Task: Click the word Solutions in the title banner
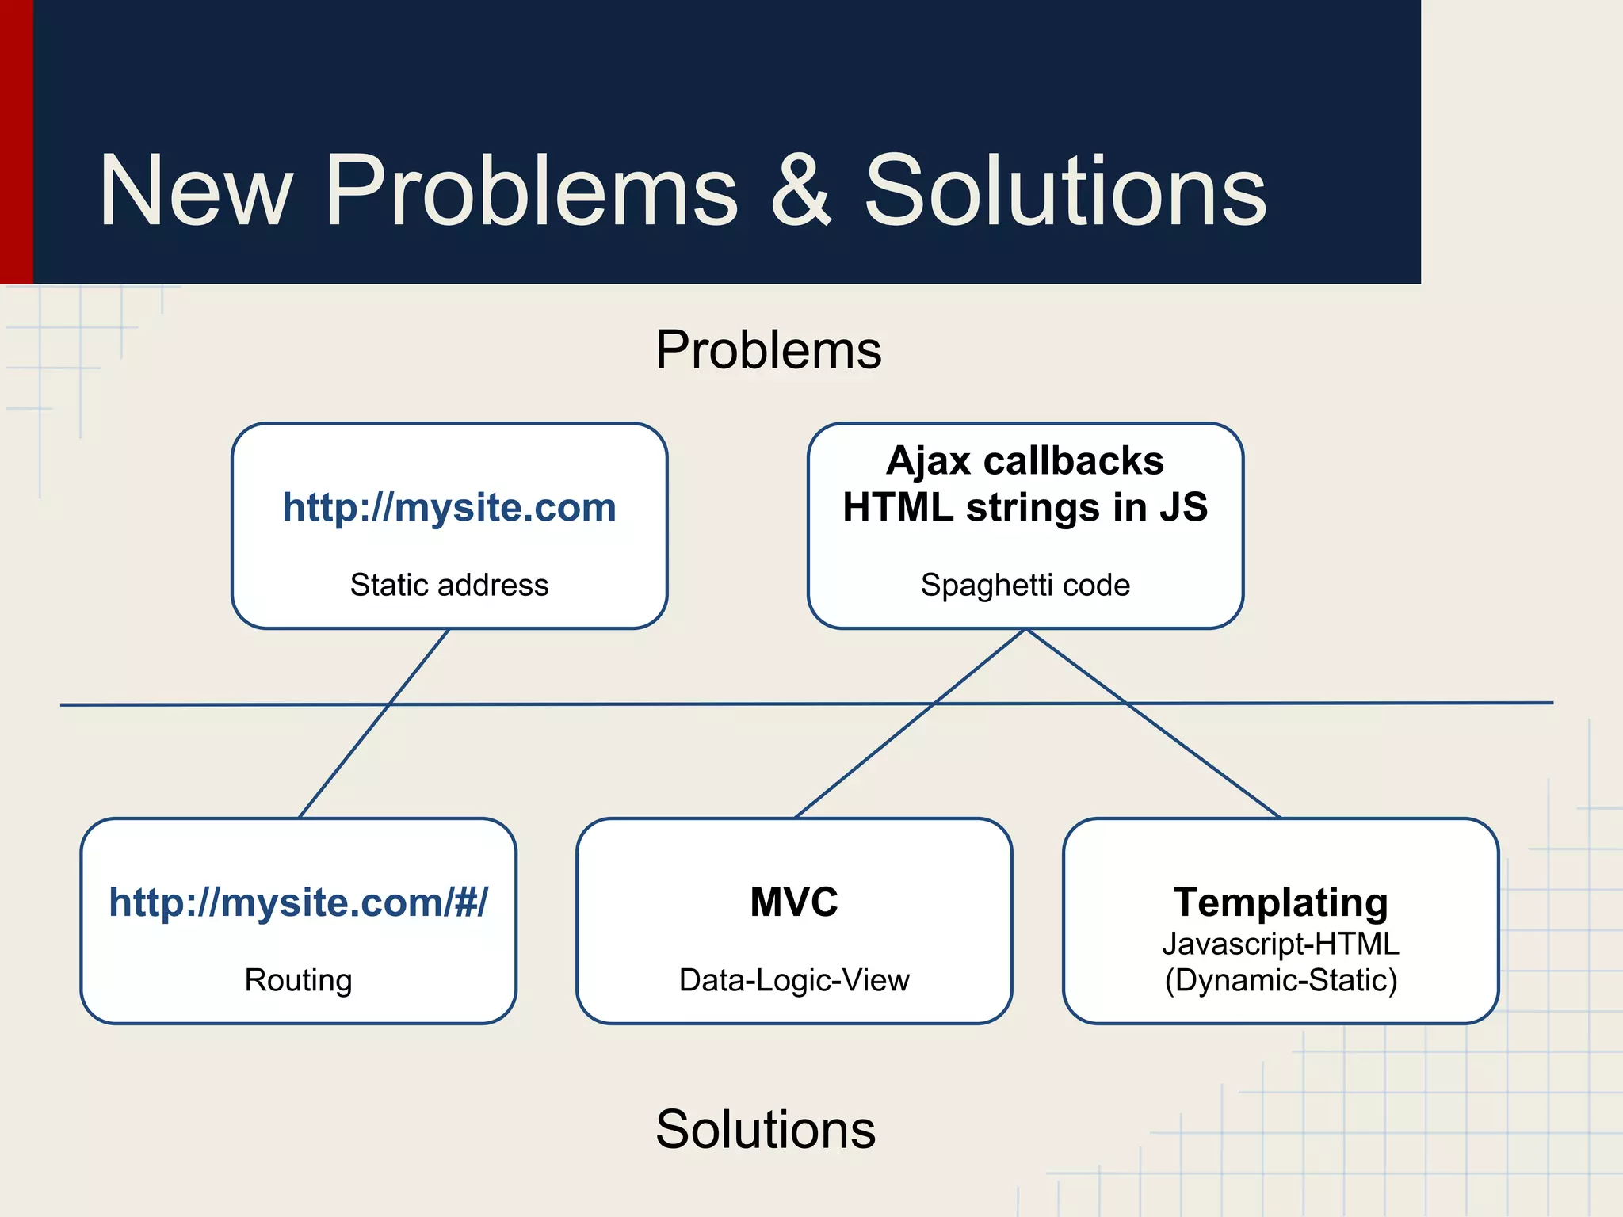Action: [x=1065, y=192]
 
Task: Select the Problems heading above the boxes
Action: [x=768, y=349]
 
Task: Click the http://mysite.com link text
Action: [x=449, y=507]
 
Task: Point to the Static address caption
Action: [x=449, y=585]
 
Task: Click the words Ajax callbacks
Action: [x=1025, y=460]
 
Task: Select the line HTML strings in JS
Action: [x=1025, y=507]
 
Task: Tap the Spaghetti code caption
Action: [x=1025, y=585]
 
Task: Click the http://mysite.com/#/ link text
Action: [x=299, y=902]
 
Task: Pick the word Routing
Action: [x=299, y=980]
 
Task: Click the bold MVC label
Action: [x=794, y=902]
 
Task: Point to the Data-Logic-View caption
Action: [x=794, y=980]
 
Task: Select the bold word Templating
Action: [x=1281, y=902]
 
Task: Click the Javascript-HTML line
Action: [x=1281, y=944]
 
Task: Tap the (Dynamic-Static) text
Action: [x=1281, y=980]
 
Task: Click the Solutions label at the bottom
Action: [x=766, y=1129]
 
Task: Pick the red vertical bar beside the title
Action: [x=16, y=143]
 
